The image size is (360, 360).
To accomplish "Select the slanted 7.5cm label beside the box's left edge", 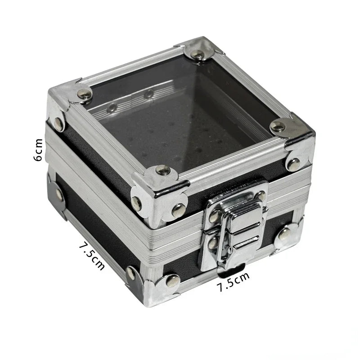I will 91,256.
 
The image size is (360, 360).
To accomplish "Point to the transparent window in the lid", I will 180,112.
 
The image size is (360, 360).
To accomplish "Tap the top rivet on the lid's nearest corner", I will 162,170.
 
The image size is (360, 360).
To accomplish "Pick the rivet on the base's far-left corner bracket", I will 59,194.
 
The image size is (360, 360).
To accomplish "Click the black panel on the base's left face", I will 94,225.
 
